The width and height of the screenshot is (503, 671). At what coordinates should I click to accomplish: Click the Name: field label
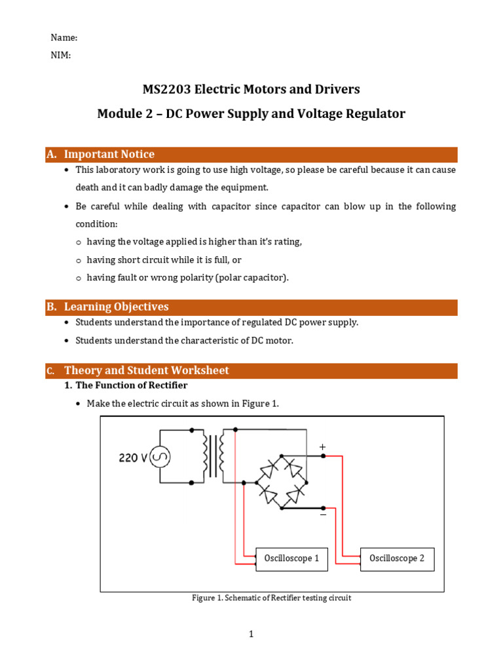click(64, 38)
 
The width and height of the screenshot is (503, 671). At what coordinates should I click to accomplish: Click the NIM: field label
click(61, 56)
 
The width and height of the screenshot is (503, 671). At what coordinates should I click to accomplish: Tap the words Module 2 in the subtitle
click(126, 114)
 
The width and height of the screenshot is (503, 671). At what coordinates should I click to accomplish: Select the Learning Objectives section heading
click(116, 307)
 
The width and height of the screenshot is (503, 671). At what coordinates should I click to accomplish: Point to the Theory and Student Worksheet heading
click(146, 370)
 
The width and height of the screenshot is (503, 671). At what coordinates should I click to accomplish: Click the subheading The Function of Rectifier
click(131, 385)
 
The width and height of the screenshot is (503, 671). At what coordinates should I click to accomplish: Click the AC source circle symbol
click(160, 457)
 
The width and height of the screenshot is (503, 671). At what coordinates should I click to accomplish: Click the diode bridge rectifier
click(282, 481)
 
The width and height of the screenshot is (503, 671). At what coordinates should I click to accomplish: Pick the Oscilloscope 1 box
click(291, 558)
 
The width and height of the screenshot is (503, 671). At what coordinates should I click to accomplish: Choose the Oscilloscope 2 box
click(396, 558)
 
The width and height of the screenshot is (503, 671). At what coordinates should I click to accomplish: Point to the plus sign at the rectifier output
click(322, 447)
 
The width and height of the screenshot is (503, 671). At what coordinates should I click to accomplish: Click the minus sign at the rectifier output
click(322, 515)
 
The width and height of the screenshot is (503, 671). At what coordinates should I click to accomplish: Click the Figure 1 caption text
click(271, 598)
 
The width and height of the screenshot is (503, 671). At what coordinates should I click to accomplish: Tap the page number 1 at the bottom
click(251, 634)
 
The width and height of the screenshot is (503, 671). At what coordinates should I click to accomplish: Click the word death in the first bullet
click(88, 187)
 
